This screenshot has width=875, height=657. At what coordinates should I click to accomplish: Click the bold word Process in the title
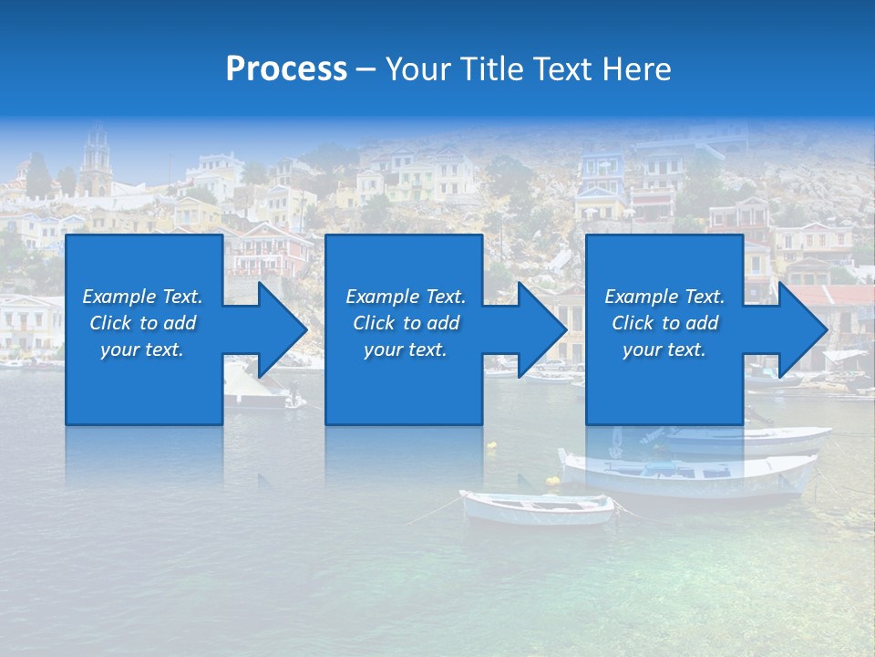pos(286,69)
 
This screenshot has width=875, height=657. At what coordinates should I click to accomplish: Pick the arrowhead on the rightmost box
pos(801,329)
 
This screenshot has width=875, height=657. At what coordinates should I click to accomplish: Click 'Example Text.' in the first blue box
pos(142,297)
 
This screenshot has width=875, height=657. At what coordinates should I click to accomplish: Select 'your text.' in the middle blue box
pos(405,349)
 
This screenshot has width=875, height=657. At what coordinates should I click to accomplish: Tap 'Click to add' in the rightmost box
pos(664,323)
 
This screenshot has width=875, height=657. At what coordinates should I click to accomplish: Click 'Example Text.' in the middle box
pos(405,297)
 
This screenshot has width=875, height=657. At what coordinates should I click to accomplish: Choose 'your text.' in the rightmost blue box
pos(664,349)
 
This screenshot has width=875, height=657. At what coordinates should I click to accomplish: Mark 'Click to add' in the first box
pos(142,323)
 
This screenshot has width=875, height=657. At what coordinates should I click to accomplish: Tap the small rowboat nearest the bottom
pos(537,506)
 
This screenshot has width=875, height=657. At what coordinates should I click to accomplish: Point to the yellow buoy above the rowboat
pos(553,480)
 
